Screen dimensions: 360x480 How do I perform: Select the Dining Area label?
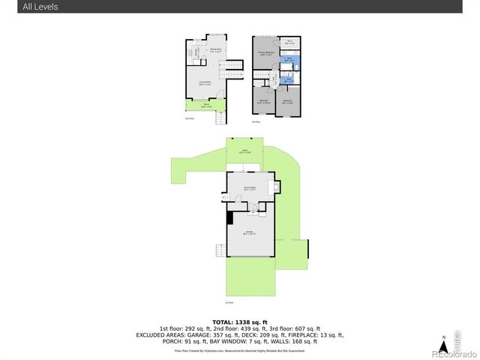click(215, 50)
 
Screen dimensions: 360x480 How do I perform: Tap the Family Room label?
click(249, 187)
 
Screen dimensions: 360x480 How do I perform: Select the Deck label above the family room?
click(244, 152)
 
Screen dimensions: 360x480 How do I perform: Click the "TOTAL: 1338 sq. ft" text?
click(239, 322)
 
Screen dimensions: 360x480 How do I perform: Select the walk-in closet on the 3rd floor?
click(289, 42)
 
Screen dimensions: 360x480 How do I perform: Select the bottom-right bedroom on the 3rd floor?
click(287, 101)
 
